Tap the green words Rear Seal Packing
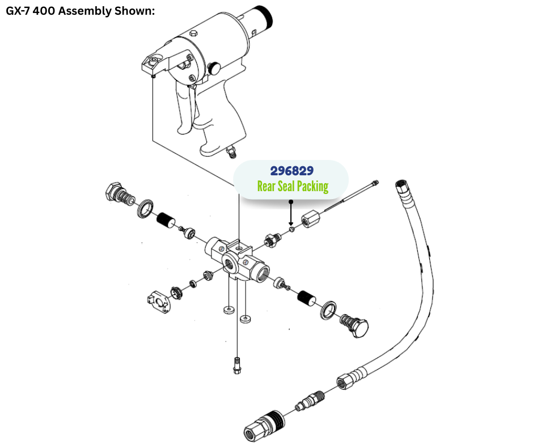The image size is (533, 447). pyautogui.click(x=293, y=186)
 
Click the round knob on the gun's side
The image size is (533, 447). pyautogui.click(x=215, y=68)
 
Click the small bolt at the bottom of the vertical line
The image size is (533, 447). pyautogui.click(x=236, y=366)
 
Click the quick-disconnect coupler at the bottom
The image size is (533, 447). pyautogui.click(x=260, y=425)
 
